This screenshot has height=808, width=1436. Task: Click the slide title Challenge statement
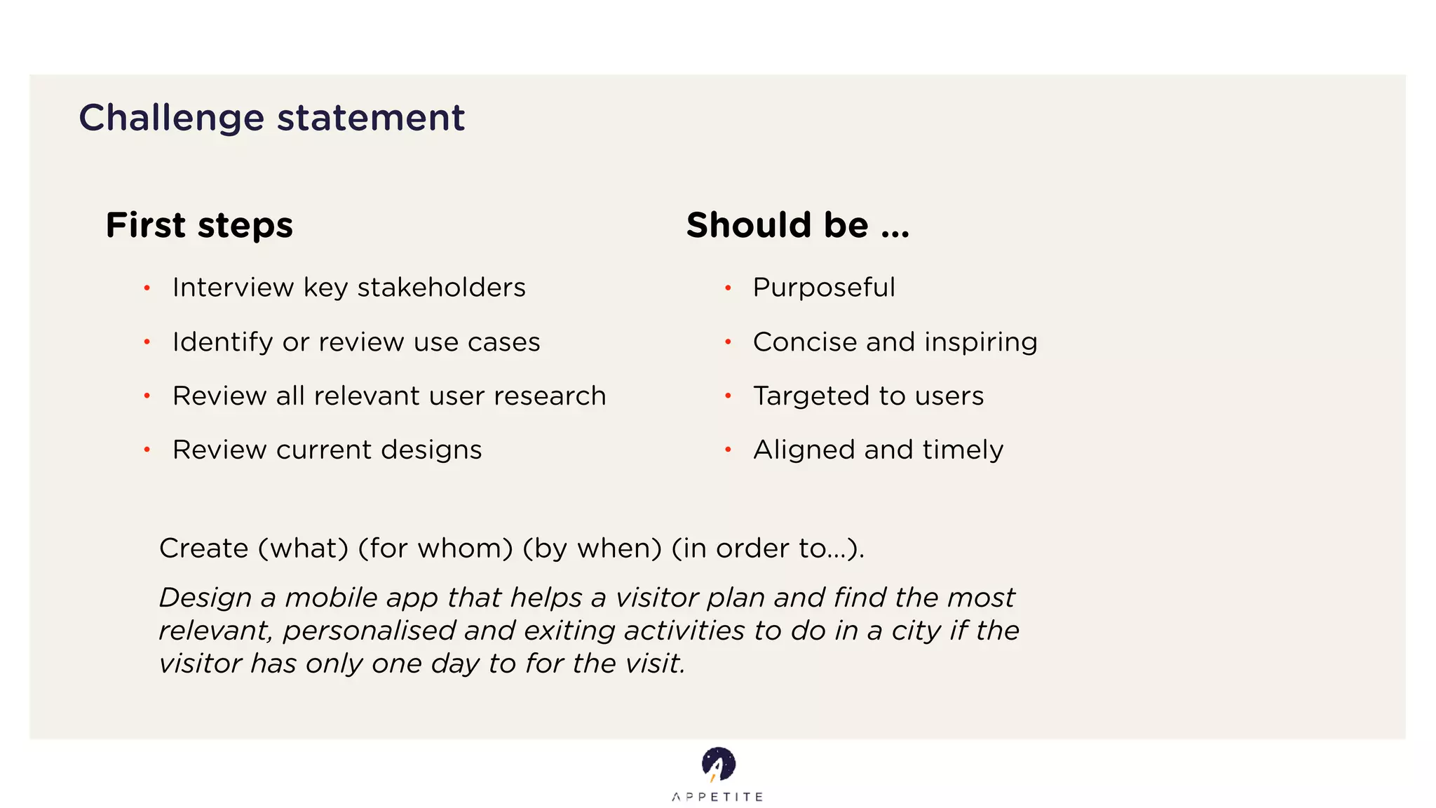click(271, 117)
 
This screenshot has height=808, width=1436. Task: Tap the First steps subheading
click(199, 225)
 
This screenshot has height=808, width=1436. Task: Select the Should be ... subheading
click(797, 225)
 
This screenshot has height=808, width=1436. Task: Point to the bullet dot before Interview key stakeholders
click(147, 288)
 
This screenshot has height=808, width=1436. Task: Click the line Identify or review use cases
click(356, 342)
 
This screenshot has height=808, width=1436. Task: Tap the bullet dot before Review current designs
click(147, 450)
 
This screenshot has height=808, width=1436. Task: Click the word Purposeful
click(824, 288)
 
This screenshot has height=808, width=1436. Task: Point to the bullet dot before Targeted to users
click(728, 396)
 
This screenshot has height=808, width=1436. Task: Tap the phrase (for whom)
click(435, 548)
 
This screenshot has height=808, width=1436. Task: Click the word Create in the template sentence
click(203, 548)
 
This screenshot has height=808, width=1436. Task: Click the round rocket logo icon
click(718, 764)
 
